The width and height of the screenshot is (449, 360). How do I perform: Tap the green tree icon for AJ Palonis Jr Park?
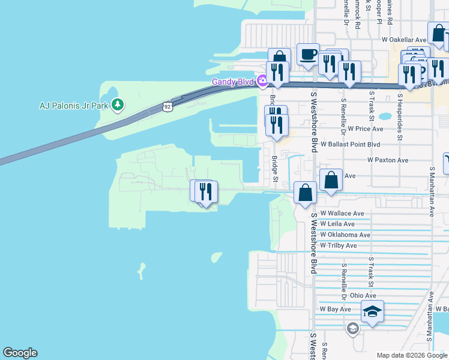coord(118,105)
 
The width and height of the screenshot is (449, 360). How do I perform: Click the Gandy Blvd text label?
coord(232,82)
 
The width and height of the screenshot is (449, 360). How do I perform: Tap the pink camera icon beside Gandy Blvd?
coord(262,81)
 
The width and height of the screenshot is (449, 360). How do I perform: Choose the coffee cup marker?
coord(308,55)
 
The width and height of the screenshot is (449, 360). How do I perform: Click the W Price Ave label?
coord(361,129)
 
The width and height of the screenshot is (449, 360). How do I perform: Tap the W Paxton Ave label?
coord(388,160)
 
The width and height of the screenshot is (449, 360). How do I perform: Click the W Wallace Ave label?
coord(342,214)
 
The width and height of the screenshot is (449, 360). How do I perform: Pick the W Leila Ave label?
coord(337,224)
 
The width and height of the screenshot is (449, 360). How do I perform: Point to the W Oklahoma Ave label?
coord(345,235)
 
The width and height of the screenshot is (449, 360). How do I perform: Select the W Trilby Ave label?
coord(339,246)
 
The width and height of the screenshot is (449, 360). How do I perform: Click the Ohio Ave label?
coord(363,295)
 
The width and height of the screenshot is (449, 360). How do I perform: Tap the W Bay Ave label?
coord(336,309)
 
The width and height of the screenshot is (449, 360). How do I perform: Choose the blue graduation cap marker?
coord(372,311)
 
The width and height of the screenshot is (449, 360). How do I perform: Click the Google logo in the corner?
coord(20,353)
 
